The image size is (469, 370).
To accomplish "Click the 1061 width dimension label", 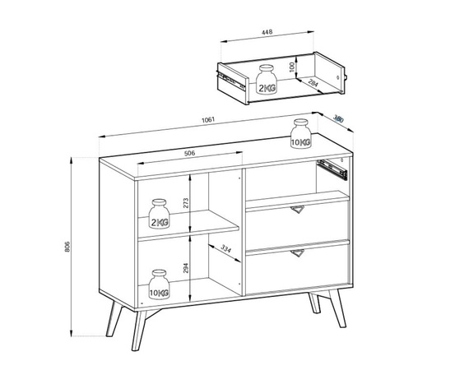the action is (x=208, y=120).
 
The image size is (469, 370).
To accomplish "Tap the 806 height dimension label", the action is (x=67, y=247).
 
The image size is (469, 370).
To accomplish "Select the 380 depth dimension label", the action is (x=338, y=119).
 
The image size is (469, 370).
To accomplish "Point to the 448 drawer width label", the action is (x=267, y=32).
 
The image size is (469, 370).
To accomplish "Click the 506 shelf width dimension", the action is (x=189, y=153).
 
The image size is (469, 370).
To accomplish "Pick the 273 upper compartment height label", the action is (x=186, y=203).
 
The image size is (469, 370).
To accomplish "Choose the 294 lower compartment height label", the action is (x=186, y=268).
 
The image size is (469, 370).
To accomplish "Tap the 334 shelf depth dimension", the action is (x=225, y=248).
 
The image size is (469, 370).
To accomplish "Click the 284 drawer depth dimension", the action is (x=313, y=83).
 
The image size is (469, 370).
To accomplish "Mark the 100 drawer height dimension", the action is (x=292, y=67).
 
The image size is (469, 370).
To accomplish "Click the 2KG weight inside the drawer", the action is (x=267, y=79).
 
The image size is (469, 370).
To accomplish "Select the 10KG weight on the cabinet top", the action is (x=301, y=133).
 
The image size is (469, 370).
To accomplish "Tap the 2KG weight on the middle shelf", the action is (x=159, y=214).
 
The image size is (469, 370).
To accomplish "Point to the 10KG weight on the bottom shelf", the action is (x=159, y=284).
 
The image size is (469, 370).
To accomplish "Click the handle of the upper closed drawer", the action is (x=297, y=210).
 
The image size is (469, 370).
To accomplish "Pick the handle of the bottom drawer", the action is (x=297, y=253).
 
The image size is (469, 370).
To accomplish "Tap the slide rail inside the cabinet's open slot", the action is (x=332, y=169).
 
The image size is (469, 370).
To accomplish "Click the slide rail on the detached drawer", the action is (x=232, y=81).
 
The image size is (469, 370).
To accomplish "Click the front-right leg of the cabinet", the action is (x=337, y=308).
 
